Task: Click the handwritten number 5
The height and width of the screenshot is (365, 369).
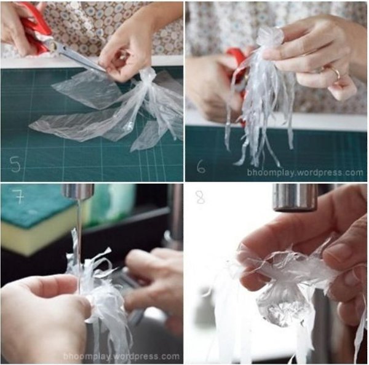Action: (15, 163)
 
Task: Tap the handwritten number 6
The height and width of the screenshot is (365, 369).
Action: (200, 167)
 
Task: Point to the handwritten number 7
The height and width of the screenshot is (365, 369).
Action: (20, 197)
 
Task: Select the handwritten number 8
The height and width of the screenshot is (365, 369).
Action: (200, 197)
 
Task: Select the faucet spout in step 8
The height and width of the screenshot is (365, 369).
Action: (296, 197)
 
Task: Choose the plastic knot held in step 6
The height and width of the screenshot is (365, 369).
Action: (269, 37)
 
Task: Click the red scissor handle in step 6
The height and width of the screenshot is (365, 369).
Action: (237, 61)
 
